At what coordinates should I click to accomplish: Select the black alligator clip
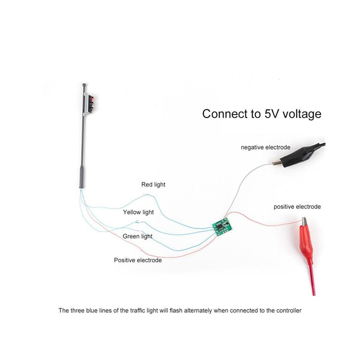299,155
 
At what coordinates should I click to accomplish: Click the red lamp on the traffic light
92,99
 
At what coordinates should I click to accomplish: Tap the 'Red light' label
153,185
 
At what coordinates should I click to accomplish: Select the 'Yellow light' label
138,212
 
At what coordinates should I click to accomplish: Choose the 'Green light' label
137,236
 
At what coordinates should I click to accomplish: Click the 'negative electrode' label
265,147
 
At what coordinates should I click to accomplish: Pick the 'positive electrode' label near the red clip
297,207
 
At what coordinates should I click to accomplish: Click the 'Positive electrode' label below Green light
138,260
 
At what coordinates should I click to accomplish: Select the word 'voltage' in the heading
301,114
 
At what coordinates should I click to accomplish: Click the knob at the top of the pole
84,85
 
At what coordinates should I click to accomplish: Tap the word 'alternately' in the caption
198,311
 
